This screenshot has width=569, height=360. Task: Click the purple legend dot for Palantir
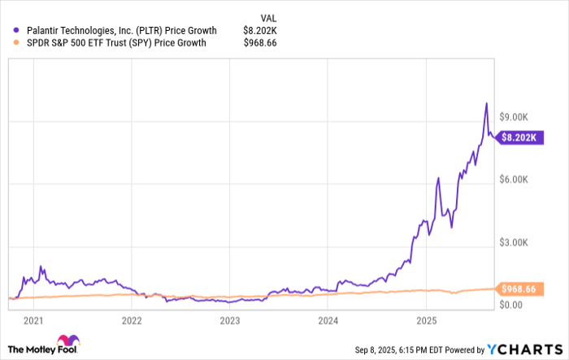point(16,31)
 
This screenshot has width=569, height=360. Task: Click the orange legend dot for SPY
point(16,44)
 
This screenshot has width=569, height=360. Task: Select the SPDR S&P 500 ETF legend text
point(114,44)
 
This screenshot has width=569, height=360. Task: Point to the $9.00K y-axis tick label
point(515,118)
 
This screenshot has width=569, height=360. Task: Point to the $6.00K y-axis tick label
point(515,180)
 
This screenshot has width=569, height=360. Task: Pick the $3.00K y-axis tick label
point(515,243)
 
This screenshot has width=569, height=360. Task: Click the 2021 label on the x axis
point(33,320)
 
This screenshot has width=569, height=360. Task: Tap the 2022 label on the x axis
point(132,320)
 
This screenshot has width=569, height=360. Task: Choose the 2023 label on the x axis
point(230,320)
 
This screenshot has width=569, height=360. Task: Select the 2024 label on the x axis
point(328,320)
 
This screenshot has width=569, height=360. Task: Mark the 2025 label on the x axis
point(427,320)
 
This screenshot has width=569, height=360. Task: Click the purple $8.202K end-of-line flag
point(518,137)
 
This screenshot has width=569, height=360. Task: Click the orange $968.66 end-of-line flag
point(518,288)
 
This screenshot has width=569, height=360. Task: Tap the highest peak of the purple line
point(486,103)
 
